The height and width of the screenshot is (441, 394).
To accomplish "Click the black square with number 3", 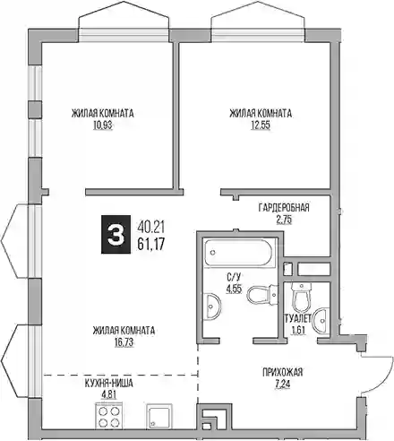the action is [116, 234].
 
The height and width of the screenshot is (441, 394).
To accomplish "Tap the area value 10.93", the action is [103, 125].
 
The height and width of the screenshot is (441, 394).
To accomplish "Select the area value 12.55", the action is [261, 125].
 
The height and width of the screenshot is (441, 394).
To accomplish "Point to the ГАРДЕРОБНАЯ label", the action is [284, 207].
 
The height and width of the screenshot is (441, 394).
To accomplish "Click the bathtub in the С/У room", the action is [238, 253].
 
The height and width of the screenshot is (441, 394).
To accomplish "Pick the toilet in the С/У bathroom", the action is [262, 295].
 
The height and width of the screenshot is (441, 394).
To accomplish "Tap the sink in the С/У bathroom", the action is [212, 307].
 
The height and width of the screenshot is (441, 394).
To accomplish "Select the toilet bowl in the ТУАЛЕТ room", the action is [302, 297].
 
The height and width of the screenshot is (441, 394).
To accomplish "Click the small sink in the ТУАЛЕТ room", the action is [321, 320].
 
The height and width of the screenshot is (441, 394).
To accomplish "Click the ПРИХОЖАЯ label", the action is [283, 372].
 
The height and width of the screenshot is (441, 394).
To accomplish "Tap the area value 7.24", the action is [282, 384].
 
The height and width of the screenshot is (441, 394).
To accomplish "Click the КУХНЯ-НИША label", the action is [109, 383].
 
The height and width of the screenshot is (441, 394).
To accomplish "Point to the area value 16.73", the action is [124, 342].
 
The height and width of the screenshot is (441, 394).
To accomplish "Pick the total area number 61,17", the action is [151, 245].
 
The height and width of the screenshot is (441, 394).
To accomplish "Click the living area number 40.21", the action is [151, 227].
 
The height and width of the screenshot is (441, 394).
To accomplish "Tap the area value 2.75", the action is [284, 220].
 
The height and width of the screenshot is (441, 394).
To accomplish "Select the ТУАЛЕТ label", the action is [298, 318].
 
